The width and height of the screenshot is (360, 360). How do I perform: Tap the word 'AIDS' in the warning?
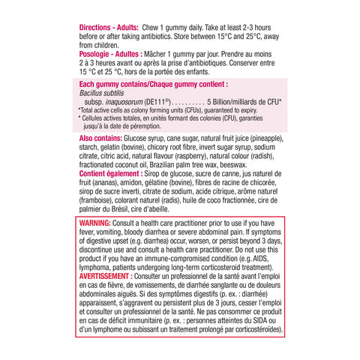(x=253, y=259)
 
